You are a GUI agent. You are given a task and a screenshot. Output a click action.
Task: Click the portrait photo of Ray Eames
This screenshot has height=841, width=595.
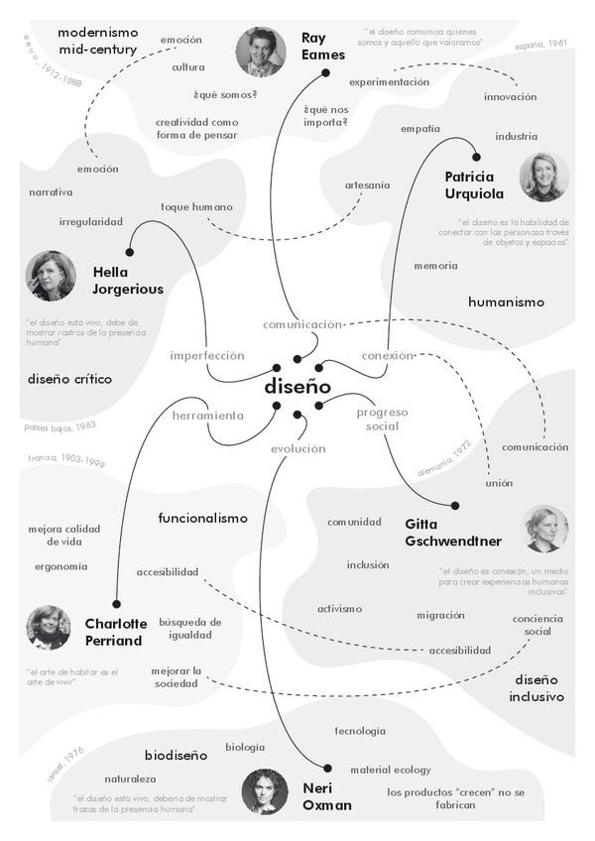pyautogui.click(x=261, y=52)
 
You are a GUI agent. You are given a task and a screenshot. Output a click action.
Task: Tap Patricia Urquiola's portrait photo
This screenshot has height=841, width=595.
pyautogui.click(x=543, y=177)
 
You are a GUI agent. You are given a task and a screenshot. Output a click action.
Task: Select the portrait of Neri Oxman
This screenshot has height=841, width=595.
pyautogui.click(x=265, y=791)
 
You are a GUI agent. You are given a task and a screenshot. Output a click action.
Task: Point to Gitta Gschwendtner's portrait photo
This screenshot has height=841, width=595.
pyautogui.click(x=546, y=529)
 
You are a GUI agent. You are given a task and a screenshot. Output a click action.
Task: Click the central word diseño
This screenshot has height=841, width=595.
pyautogui.click(x=297, y=387)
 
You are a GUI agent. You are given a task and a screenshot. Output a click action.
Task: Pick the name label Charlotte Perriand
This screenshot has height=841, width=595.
pyautogui.click(x=116, y=632)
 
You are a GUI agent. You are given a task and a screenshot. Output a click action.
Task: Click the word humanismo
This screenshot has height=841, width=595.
pyautogui.click(x=506, y=301)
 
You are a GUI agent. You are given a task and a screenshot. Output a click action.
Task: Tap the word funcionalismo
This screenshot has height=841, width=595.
pyautogui.click(x=202, y=518)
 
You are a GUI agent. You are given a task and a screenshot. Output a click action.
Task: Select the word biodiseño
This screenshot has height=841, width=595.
pyautogui.click(x=176, y=755)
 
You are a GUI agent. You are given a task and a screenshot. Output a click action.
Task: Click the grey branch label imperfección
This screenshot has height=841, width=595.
pyautogui.click(x=206, y=355)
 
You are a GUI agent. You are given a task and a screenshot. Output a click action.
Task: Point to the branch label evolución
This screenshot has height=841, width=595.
pyautogui.click(x=297, y=448)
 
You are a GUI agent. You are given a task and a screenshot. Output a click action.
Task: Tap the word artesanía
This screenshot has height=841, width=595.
pyautogui.click(x=367, y=184)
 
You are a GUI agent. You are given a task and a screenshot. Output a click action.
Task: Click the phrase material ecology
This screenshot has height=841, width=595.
pyautogui.click(x=390, y=770)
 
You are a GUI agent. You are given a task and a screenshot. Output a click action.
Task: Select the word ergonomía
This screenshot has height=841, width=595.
pyautogui.click(x=60, y=567)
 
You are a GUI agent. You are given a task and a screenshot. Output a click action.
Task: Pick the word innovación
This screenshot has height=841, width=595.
pyautogui.click(x=510, y=97)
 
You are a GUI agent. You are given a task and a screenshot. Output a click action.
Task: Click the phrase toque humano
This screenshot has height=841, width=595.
pyautogui.click(x=196, y=207)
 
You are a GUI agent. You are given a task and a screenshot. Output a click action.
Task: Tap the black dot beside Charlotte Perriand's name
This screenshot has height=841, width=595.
pyautogui.click(x=116, y=603)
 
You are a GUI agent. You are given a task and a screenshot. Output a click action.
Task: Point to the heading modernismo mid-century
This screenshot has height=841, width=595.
pyautogui.click(x=97, y=41)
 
